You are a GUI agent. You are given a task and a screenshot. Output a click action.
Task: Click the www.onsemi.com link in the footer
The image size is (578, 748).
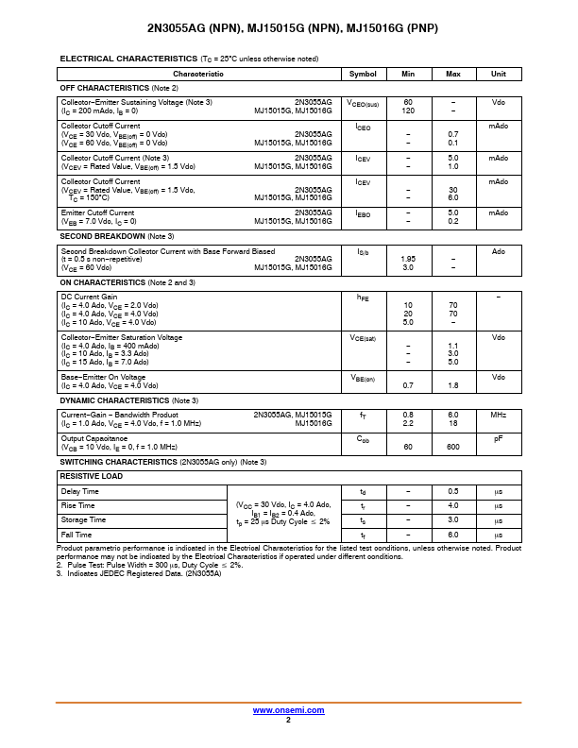288,710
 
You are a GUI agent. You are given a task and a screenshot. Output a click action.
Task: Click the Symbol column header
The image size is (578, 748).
363,74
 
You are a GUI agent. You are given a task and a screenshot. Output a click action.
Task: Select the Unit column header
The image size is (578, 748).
499,74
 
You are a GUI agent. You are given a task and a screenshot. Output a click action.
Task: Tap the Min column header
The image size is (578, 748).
408,74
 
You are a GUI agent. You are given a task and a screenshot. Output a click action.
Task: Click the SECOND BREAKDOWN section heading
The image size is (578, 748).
116,236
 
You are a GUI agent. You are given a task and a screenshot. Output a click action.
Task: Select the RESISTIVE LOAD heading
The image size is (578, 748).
92,477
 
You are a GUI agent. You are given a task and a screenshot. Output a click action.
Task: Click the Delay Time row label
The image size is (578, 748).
80,492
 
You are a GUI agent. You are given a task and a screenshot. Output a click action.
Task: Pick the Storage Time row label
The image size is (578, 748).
83,520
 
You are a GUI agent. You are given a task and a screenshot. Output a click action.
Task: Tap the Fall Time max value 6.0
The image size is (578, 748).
452,535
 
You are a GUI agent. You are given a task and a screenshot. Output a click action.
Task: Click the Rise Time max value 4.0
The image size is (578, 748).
452,506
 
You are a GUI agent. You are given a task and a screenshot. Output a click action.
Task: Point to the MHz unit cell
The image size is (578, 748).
499,415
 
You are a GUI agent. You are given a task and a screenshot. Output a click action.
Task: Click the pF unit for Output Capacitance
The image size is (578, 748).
499,438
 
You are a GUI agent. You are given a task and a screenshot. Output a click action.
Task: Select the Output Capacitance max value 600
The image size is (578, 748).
452,447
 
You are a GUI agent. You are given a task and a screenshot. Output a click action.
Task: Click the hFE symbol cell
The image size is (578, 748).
363,297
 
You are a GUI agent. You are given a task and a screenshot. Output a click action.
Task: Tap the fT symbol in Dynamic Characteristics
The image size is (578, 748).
363,415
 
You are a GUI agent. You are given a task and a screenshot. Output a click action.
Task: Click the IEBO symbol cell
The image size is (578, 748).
363,214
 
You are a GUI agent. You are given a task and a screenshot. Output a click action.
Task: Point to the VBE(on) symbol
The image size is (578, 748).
363,378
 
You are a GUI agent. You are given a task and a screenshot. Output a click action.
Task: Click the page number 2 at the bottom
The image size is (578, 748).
288,720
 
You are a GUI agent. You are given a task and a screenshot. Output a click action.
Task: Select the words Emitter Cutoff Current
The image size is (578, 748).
97,213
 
